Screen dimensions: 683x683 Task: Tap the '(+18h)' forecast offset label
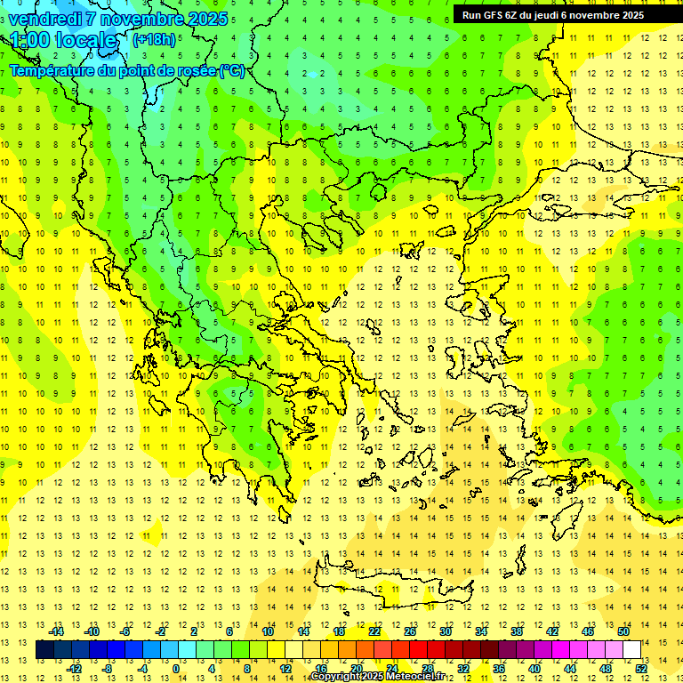click(154, 39)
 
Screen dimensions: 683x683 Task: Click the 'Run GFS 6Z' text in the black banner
click(490, 15)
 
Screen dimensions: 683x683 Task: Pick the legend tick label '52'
click(641, 668)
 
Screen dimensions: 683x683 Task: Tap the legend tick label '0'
click(176, 668)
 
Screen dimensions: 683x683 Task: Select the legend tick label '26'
click(410, 631)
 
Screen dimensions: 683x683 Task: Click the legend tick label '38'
click(516, 631)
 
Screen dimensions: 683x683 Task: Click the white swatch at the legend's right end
click(632, 649)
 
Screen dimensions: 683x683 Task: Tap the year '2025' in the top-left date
click(203, 19)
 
